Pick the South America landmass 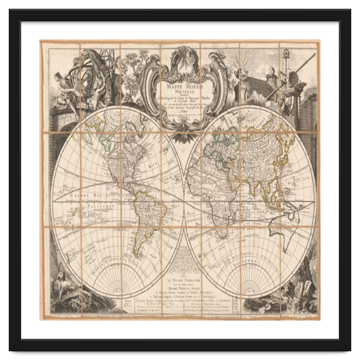147,216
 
